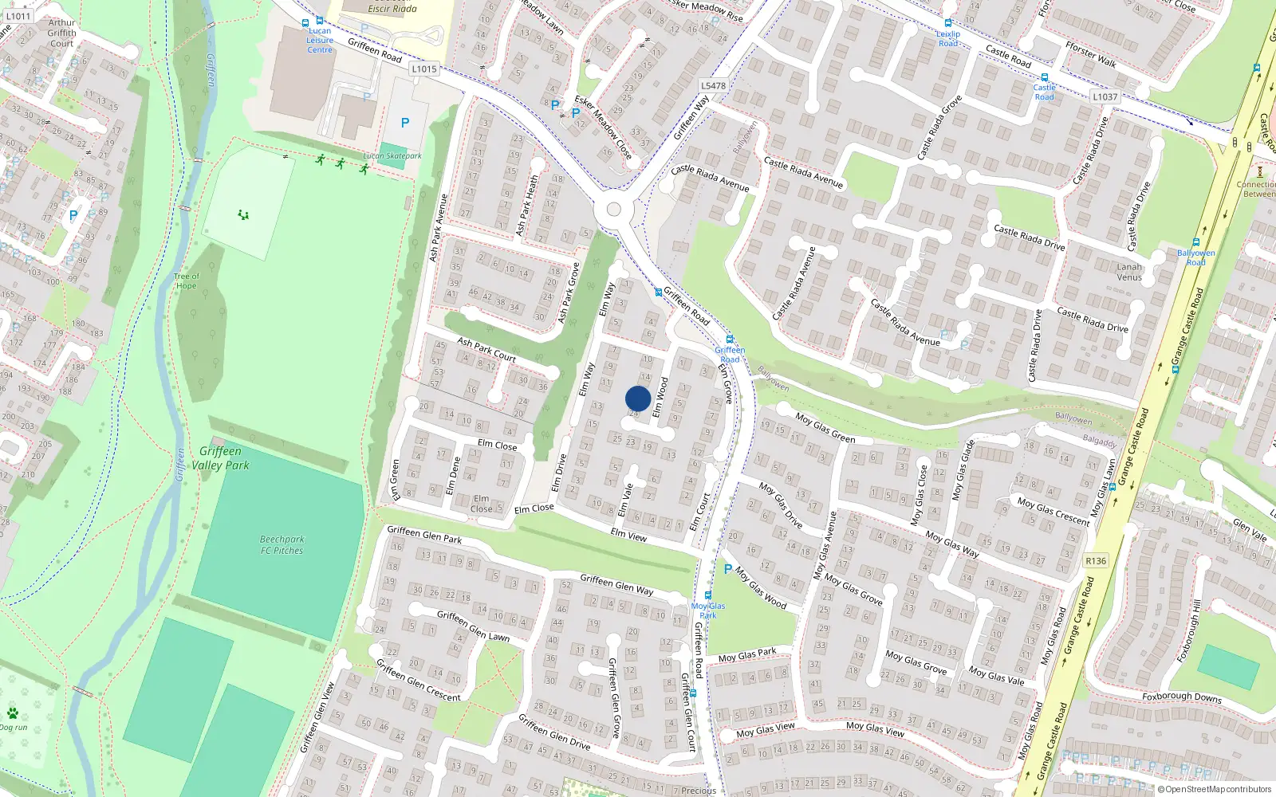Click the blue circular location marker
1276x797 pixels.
pos(638,398)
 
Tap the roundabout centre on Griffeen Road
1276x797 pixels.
pos(613,210)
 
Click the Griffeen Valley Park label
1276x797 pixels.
pos(220,458)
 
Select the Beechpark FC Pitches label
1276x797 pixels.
pos(282,545)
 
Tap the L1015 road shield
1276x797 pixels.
pos(424,69)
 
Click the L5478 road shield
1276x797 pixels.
pos(713,86)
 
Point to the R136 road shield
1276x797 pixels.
pos(1096,561)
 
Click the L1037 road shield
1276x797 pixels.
pos(1105,97)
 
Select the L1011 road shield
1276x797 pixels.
pos(18,16)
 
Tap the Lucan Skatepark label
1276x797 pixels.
pos(392,156)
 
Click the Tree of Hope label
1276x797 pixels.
pos(187,281)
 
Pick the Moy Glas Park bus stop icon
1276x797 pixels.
pos(707,595)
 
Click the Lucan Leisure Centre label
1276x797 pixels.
pos(320,41)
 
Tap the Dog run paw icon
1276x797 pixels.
pos(12,713)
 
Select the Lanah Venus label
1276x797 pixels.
pos(1129,272)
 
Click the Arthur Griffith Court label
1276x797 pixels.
pos(61,33)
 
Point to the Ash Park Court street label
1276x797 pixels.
pos(486,349)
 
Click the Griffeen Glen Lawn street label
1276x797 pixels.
pos(473,626)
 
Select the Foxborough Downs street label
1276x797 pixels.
pos(1181,697)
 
